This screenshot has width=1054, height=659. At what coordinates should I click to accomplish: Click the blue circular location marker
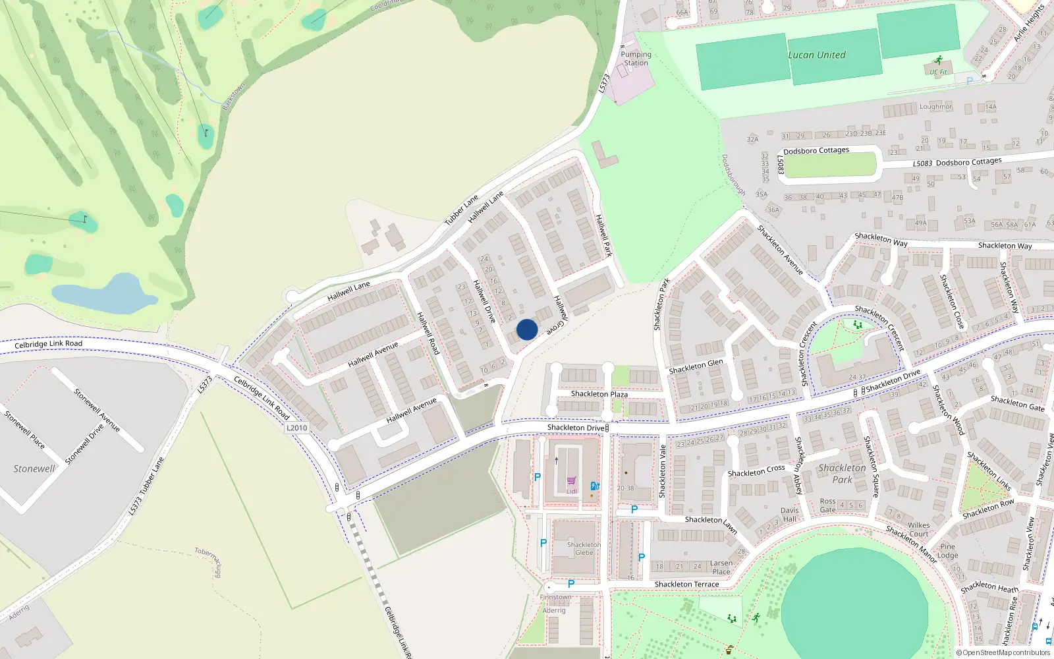[527, 329]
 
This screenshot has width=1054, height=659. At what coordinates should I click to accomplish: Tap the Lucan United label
[817, 55]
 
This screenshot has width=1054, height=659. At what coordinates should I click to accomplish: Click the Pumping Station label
[636, 59]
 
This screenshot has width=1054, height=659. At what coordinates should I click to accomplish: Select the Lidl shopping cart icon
[571, 481]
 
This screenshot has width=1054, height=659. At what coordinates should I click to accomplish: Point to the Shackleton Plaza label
[599, 394]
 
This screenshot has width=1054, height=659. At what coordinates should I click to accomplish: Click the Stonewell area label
[34, 469]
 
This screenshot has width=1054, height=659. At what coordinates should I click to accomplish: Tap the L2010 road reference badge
[296, 428]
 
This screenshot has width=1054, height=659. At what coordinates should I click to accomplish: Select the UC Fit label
[939, 72]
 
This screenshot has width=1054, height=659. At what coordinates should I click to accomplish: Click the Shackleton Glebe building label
[584, 548]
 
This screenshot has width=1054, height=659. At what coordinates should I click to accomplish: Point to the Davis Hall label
[789, 515]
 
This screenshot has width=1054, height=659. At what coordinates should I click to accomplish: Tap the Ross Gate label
[827, 505]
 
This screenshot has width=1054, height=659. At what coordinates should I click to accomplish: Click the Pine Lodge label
[947, 551]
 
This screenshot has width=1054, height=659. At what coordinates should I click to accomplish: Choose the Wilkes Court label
[918, 530]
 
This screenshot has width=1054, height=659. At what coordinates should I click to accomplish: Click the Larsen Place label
[721, 567]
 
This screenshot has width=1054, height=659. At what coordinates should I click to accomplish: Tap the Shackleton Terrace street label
[686, 585]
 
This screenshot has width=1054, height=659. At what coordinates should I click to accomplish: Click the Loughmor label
[935, 107]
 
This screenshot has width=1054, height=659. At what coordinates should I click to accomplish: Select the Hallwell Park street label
[603, 235]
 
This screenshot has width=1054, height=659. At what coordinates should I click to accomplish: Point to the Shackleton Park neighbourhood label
[842, 473]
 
